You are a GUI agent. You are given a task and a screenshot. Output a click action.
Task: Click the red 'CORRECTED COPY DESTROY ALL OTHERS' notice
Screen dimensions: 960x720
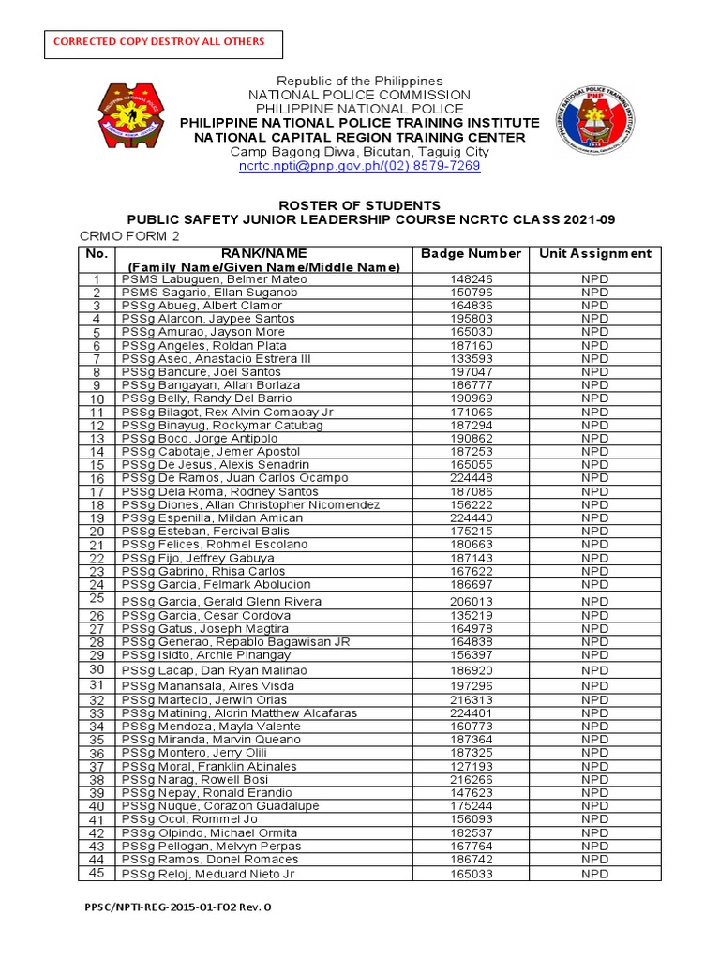pyautogui.click(x=158, y=41)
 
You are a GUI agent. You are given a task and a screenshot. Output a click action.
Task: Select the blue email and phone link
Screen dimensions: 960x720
pyautogui.click(x=359, y=165)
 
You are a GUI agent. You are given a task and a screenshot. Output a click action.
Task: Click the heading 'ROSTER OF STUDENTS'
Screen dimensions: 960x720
pyautogui.click(x=359, y=205)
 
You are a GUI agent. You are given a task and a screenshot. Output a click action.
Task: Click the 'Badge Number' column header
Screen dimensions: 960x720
pyautogui.click(x=471, y=253)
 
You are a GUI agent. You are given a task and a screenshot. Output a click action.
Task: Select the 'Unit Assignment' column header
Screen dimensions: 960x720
pyautogui.click(x=594, y=253)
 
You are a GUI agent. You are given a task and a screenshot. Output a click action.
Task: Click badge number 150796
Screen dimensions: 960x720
pyautogui.click(x=471, y=292)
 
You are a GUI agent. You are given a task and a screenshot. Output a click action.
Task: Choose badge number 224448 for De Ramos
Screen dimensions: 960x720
pyautogui.click(x=471, y=478)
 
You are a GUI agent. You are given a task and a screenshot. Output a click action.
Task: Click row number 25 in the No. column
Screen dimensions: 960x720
pyautogui.click(x=96, y=598)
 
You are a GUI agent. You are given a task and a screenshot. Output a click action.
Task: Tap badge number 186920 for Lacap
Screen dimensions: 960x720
pyautogui.click(x=471, y=671)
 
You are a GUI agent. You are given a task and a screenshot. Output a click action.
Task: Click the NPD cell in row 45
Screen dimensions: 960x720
pyautogui.click(x=594, y=875)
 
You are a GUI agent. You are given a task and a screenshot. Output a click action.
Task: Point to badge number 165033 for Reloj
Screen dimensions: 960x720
pyautogui.click(x=471, y=875)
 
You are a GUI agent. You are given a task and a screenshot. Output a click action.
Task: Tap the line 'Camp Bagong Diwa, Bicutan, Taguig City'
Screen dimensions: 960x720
pyautogui.click(x=359, y=152)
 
